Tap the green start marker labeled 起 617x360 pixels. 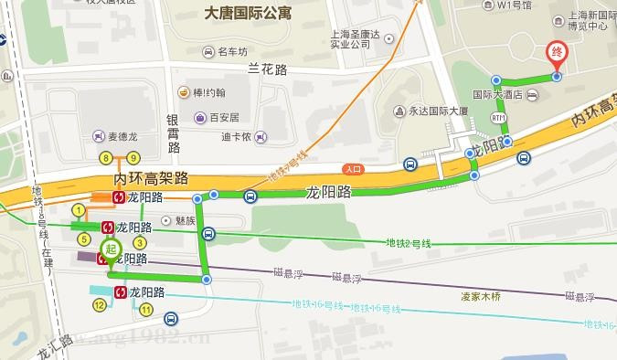[110, 249]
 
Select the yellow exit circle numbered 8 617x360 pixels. [107, 158]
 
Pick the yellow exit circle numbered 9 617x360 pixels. [133, 158]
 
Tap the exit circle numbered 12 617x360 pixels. [100, 305]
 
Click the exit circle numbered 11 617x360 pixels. [146, 310]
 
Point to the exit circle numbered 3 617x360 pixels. [140, 242]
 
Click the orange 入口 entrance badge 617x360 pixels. [352, 169]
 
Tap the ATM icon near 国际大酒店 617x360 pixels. [498, 118]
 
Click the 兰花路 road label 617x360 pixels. [268, 69]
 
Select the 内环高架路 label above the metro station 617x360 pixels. [151, 177]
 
